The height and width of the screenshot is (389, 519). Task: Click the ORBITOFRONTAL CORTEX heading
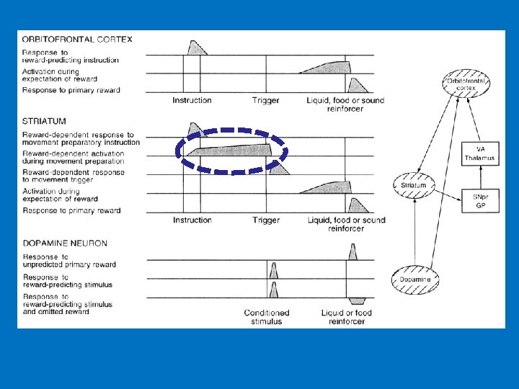pyautogui.click(x=77, y=40)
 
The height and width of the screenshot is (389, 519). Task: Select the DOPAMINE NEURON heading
pyautogui.click(x=65, y=243)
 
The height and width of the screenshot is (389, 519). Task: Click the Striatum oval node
pyautogui.click(x=414, y=185)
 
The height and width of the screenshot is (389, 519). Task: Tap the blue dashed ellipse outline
pyautogui.click(x=232, y=130)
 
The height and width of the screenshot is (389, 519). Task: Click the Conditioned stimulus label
pyautogui.click(x=267, y=317)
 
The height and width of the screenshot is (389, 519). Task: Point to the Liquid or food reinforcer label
pyautogui.click(x=346, y=317)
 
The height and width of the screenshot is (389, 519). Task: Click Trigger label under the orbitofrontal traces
pyautogui.click(x=266, y=101)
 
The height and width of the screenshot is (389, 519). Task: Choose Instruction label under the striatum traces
pyautogui.click(x=192, y=220)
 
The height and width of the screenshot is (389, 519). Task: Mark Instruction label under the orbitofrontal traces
pyautogui.click(x=192, y=101)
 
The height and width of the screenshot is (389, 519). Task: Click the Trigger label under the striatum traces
pyautogui.click(x=266, y=220)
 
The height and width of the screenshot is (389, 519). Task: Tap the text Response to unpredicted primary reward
pyautogui.click(x=69, y=260)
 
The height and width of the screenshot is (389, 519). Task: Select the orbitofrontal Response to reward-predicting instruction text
pyautogui.click(x=71, y=56)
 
